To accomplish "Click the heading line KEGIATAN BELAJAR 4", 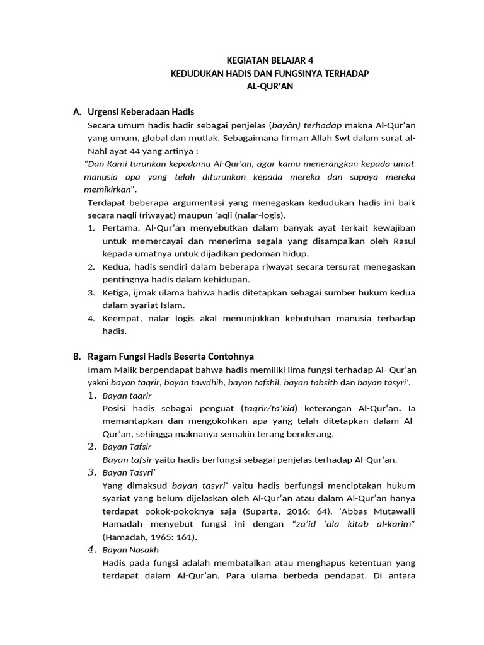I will point(270,61).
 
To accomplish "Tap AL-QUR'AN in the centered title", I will point(270,86).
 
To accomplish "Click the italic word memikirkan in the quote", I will point(108,190).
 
